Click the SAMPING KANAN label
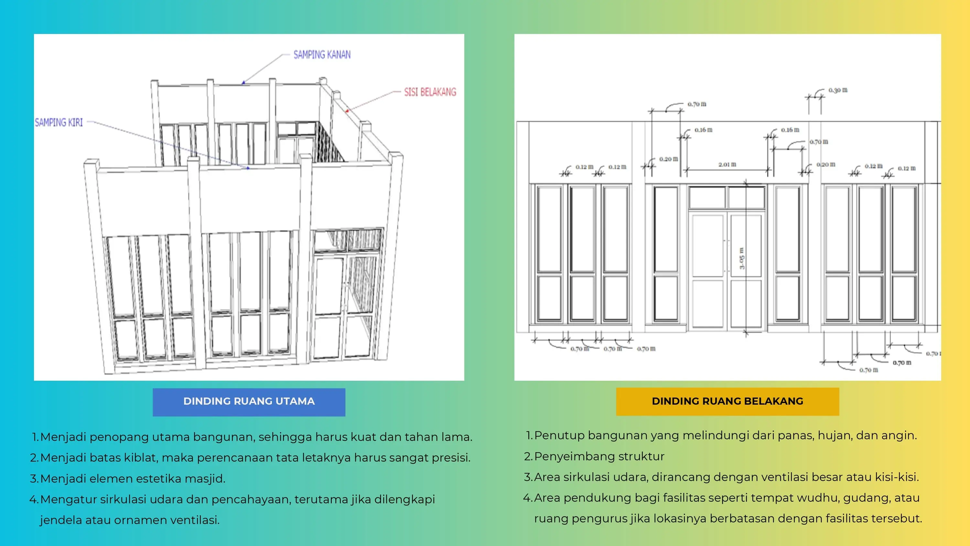322,55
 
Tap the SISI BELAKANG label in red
430,92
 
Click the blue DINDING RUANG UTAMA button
249,402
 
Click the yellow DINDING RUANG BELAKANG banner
727,402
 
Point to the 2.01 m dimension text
727,164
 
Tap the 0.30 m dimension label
838,90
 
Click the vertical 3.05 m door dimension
742,258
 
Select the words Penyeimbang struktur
599,456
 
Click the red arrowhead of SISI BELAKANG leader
347,111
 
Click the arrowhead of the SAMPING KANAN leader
243,82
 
